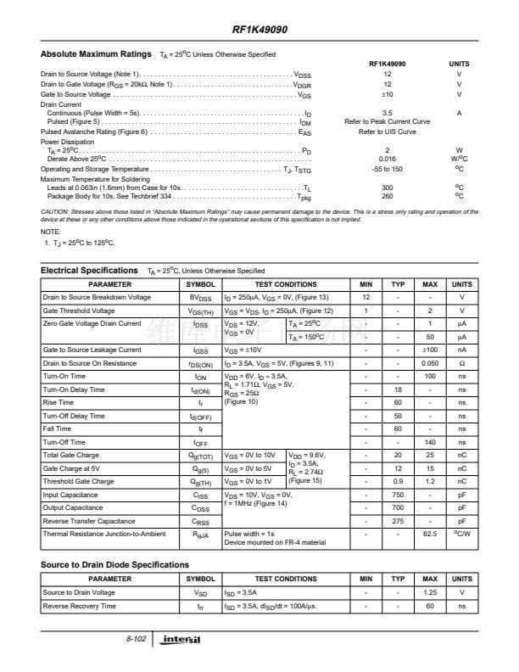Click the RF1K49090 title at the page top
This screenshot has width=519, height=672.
[x=259, y=30]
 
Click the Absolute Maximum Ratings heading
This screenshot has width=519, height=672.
[x=96, y=54]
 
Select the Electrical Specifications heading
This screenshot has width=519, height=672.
[x=89, y=271]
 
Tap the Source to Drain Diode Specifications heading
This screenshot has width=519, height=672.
[x=114, y=564]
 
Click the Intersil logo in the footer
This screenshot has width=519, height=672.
[x=184, y=638]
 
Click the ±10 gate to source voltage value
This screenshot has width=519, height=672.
[x=387, y=94]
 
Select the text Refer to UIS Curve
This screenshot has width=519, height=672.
[x=387, y=132]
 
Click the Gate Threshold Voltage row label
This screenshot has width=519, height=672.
[x=79, y=311]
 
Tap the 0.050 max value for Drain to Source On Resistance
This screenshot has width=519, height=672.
[x=430, y=363]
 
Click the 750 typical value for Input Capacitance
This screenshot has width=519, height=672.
[x=397, y=495]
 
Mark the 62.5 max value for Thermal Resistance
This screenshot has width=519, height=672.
[x=430, y=535]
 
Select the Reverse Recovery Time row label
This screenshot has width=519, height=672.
[x=80, y=606]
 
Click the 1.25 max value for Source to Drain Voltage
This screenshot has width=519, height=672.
[x=430, y=592]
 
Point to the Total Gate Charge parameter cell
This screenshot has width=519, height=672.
[x=71, y=456]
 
